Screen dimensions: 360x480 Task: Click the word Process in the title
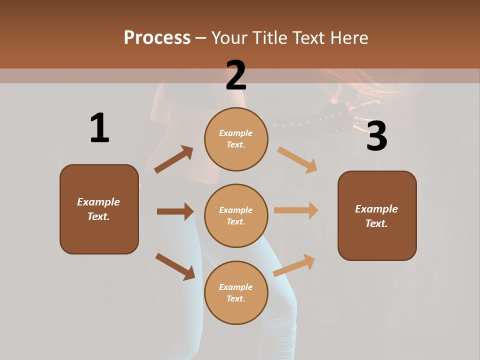tap(157, 37)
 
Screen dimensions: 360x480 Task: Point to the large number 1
tap(99, 128)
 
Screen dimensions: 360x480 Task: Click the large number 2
tap(236, 75)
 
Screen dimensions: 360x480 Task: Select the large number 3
tap(376, 136)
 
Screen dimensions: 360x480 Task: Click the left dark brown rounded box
tap(99, 209)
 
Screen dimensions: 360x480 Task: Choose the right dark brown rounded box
tap(377, 215)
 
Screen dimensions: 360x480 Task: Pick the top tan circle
tap(236, 138)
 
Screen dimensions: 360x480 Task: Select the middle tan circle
tap(236, 215)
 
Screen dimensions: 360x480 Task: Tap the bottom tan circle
tap(236, 292)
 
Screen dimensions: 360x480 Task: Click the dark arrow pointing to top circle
tap(174, 159)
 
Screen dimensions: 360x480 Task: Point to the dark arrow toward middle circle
tap(175, 211)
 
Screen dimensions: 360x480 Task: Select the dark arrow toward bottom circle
tap(175, 266)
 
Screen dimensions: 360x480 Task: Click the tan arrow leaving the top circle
tap(297, 159)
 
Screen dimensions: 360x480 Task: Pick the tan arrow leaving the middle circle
tap(296, 210)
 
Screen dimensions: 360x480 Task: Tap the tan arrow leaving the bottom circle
tap(294, 265)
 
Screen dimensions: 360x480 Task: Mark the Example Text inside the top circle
tap(236, 138)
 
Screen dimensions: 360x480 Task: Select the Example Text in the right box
tap(376, 215)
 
